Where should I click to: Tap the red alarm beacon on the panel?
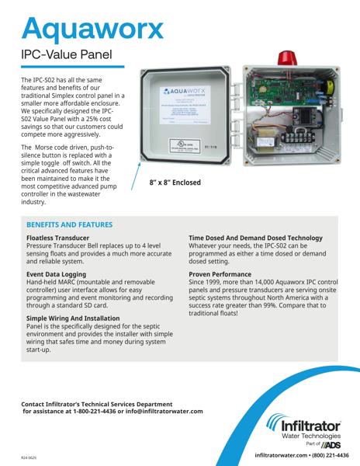(281, 58)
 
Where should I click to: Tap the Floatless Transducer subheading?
(57, 237)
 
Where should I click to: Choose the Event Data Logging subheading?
(57, 274)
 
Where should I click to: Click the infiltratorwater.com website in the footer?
(276, 456)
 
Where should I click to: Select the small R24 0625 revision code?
(29, 458)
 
